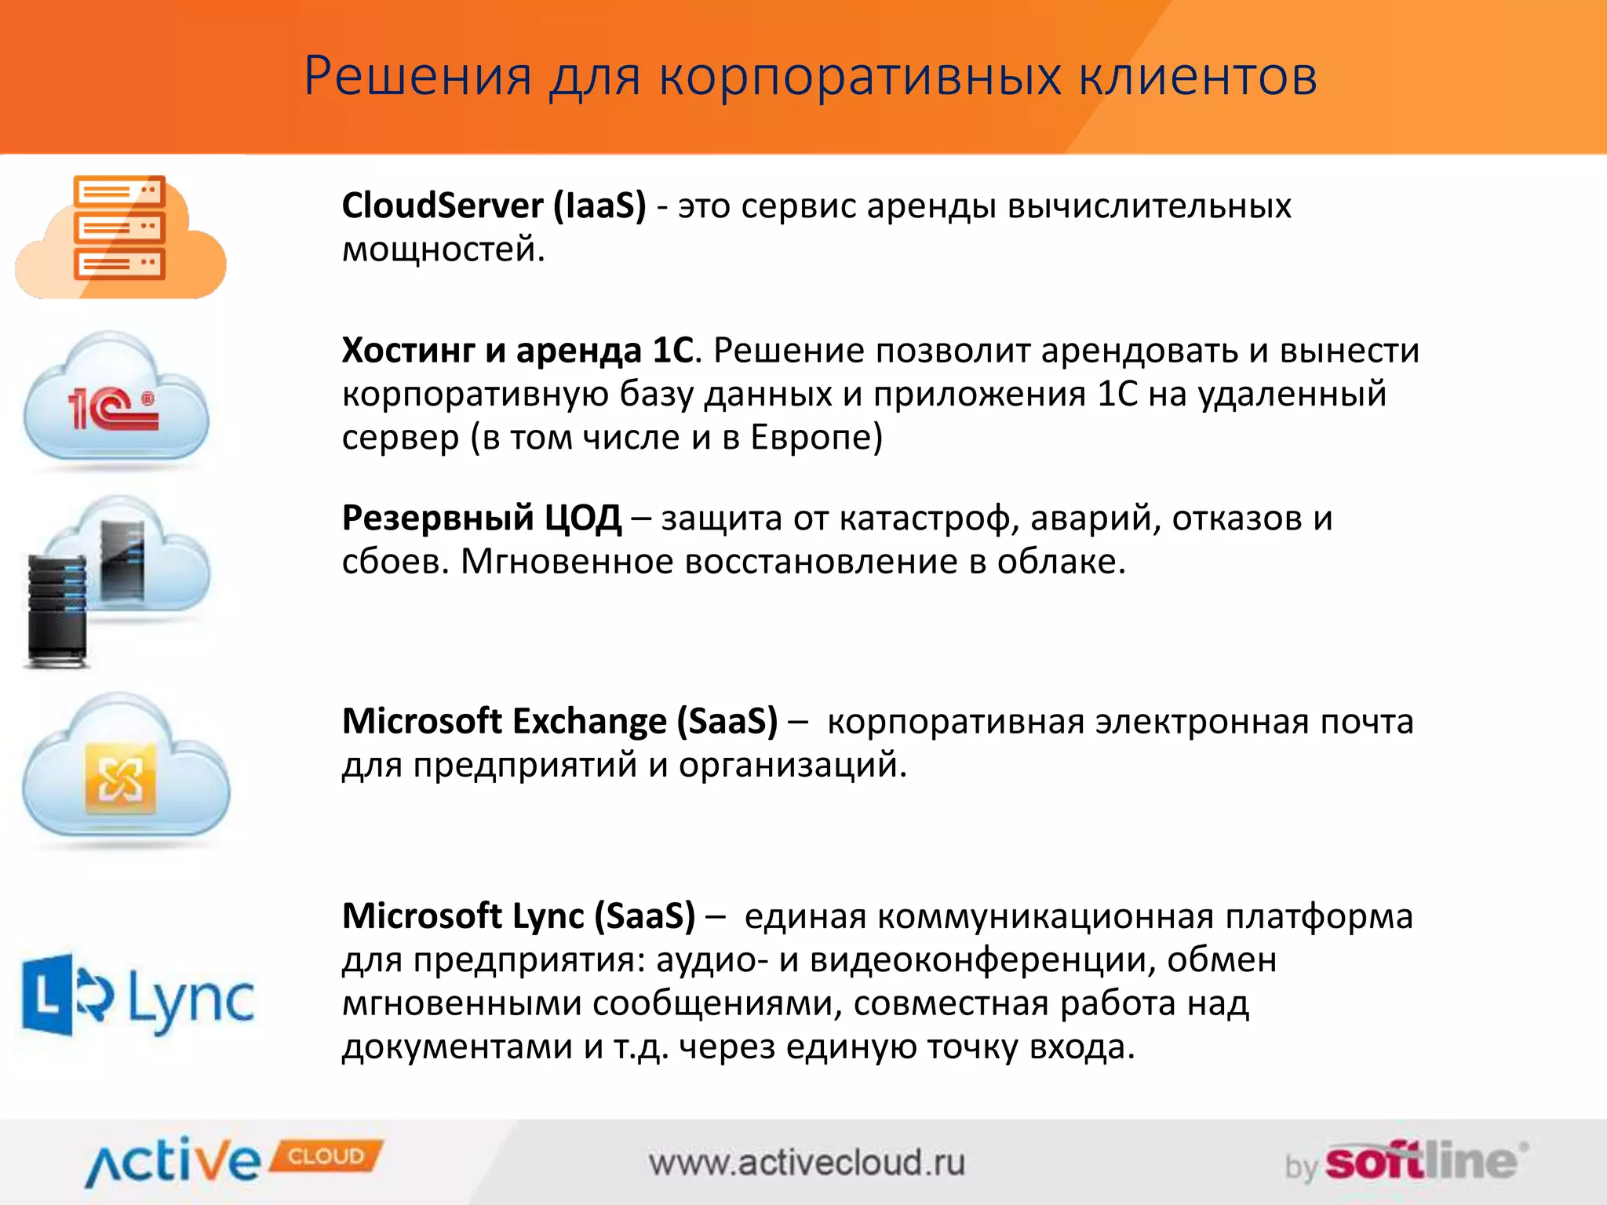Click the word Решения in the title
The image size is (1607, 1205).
(x=417, y=77)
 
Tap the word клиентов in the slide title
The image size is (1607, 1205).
(x=1197, y=77)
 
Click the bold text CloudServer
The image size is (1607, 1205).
(x=442, y=206)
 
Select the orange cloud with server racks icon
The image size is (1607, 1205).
(x=120, y=235)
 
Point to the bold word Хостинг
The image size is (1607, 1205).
(x=408, y=351)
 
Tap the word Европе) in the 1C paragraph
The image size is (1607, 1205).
(x=816, y=438)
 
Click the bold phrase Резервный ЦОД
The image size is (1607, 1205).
(x=482, y=519)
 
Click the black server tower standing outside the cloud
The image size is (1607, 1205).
(x=56, y=608)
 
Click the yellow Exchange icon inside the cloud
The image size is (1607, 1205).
(x=120, y=778)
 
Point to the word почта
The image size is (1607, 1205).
(x=1366, y=721)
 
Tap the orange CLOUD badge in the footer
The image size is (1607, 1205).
(x=326, y=1156)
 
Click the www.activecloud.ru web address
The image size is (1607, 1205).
(x=807, y=1163)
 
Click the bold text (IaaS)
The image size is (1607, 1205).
(x=599, y=206)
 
